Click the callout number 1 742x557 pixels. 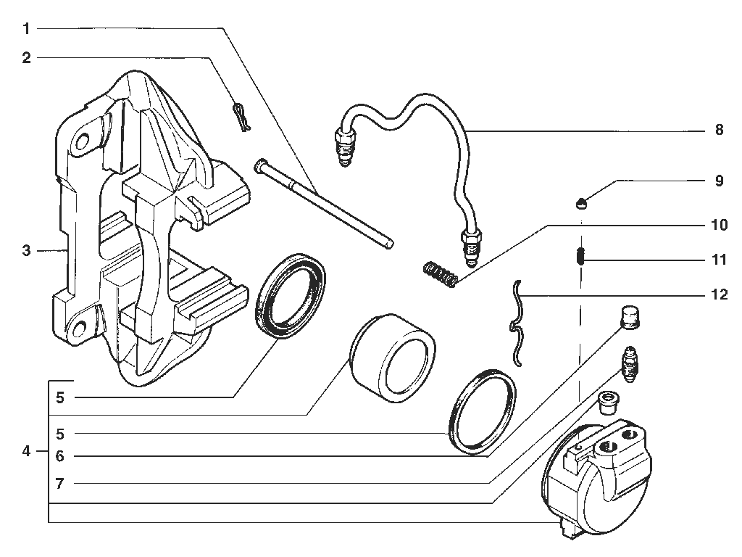tap(27, 29)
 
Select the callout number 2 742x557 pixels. tap(27, 58)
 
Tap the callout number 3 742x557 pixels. tap(27, 250)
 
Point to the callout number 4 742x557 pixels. tap(27, 451)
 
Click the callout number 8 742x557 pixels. tap(720, 130)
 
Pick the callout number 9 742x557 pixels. tap(720, 181)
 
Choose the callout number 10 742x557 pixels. tap(720, 225)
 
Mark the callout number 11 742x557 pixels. tap(720, 260)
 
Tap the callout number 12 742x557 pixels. tap(720, 294)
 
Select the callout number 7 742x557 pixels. tap(59, 484)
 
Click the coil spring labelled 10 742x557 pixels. tap(440, 274)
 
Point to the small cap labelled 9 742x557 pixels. tap(582, 204)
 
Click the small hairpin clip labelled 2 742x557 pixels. tap(241, 117)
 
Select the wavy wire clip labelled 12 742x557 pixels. tap(518, 323)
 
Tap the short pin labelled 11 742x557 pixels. tap(582, 257)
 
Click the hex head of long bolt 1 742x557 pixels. tap(260, 165)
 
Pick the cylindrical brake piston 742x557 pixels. tap(392, 358)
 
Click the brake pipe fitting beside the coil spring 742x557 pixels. tap(470, 246)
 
